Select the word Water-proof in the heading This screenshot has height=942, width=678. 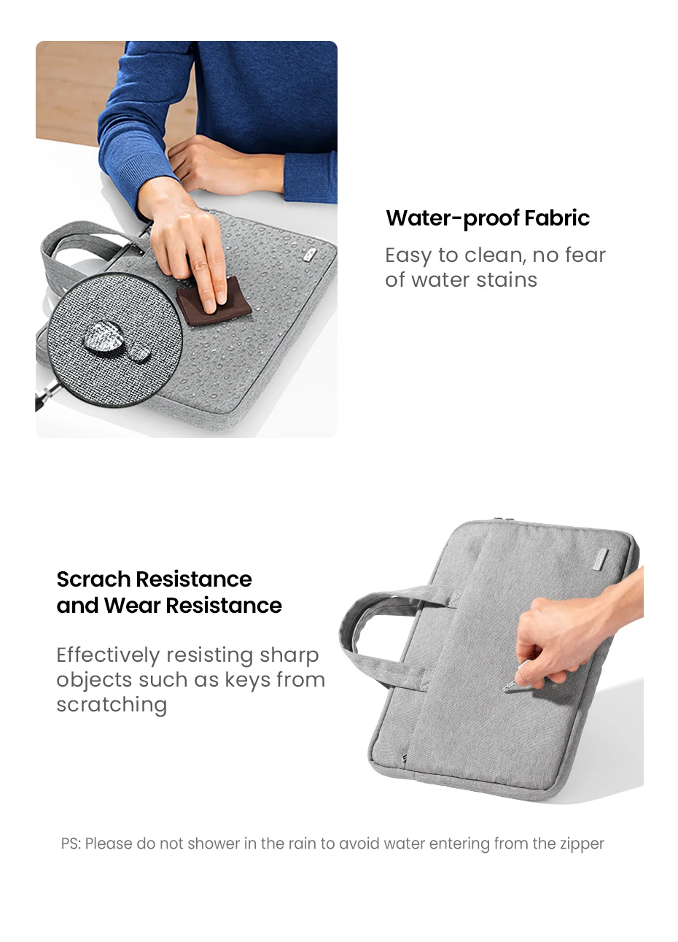(453, 219)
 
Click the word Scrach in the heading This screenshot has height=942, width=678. (93, 579)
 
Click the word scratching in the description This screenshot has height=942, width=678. (112, 706)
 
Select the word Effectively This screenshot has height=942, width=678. (109, 655)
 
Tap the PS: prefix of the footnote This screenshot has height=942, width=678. (71, 843)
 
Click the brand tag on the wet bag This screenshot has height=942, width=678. (310, 255)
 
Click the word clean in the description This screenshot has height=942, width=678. (494, 255)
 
